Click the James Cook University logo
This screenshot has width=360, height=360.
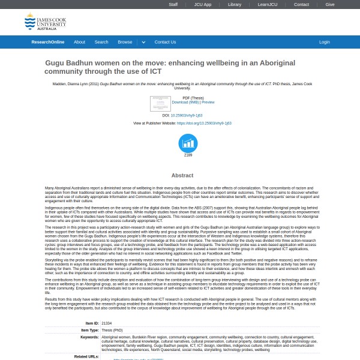pos(45,22)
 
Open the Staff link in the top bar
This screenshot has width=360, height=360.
pos(173,4)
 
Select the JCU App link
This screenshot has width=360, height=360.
pos(203,4)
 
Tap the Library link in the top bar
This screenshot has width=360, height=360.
pos(235,4)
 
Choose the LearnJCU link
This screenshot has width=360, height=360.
pos(267,4)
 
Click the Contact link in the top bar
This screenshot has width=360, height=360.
pos(301,4)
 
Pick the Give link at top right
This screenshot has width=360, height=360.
pos(330,4)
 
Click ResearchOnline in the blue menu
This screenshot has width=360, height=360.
pos(48,42)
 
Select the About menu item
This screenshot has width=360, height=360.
pos(79,42)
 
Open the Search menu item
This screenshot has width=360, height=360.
pos(101,42)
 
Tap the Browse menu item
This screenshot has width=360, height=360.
pos(125,42)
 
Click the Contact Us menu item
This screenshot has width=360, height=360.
pos(165,42)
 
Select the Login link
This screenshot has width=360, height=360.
pos(325,42)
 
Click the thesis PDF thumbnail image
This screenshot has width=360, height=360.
pos(160,103)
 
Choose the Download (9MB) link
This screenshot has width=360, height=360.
pos(185,103)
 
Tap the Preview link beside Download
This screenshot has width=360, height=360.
pos(208,103)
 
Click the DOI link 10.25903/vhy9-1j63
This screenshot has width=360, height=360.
pos(187,115)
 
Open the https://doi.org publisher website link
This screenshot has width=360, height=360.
pos(204,123)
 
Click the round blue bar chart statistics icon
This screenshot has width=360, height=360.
pos(188,143)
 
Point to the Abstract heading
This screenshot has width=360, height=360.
pos(182,175)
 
